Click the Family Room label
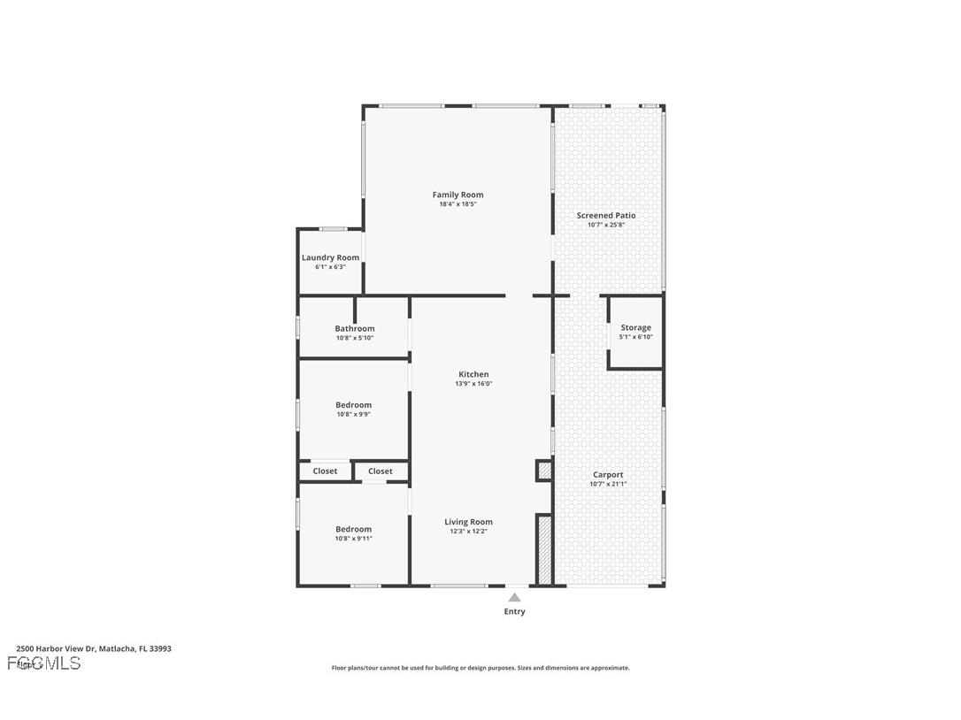457,195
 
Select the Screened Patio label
606,216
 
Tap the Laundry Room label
330,257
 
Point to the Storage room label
635,327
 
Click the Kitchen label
473,374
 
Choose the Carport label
608,475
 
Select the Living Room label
468,522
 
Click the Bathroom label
354,328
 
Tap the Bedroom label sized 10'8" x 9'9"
353,405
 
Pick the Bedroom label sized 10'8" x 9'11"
353,529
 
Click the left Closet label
325,471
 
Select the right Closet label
381,471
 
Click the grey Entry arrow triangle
514,598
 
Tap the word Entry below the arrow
514,611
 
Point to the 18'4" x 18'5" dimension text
457,204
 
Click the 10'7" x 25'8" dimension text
606,225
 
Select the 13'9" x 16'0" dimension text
473,384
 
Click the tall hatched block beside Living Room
545,550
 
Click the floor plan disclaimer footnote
480,668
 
